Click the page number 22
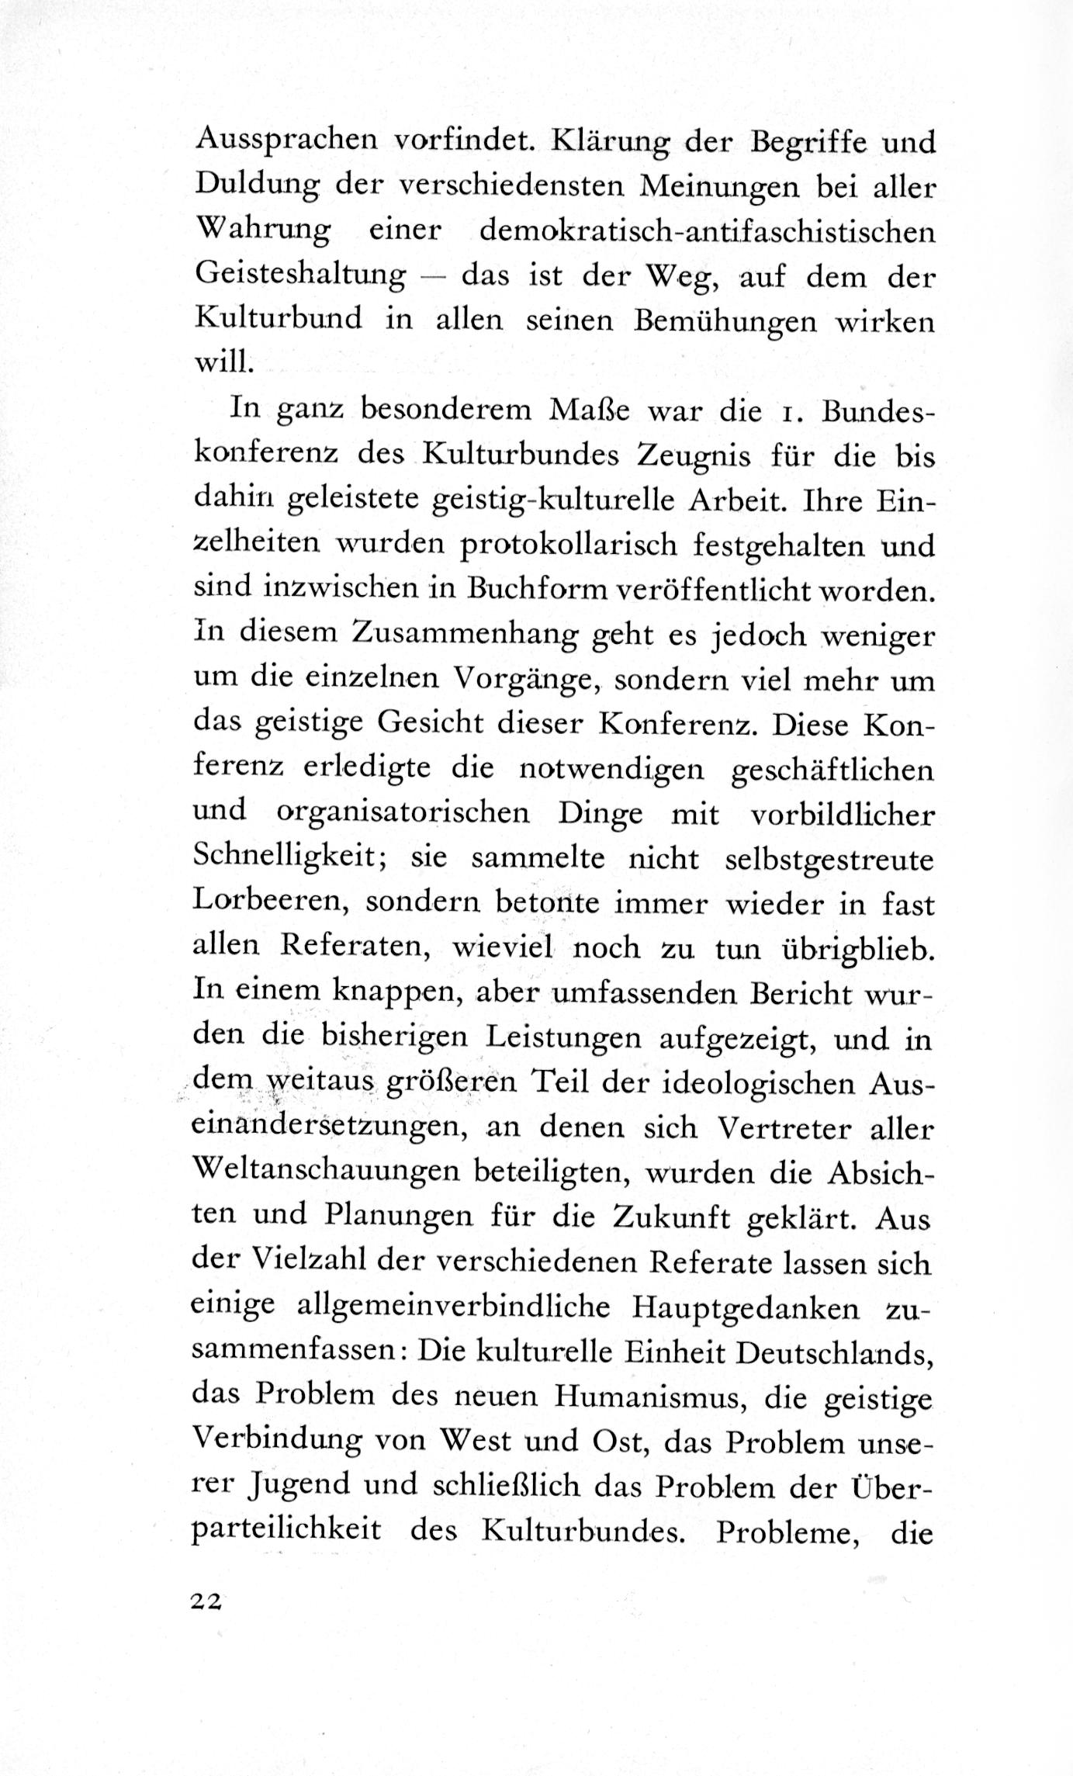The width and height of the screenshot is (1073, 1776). pos(206,1601)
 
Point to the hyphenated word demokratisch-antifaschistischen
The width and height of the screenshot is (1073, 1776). pos(707,232)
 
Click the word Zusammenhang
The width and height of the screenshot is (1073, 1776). pos(462,636)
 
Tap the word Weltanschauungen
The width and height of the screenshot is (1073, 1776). pos(327,1172)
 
